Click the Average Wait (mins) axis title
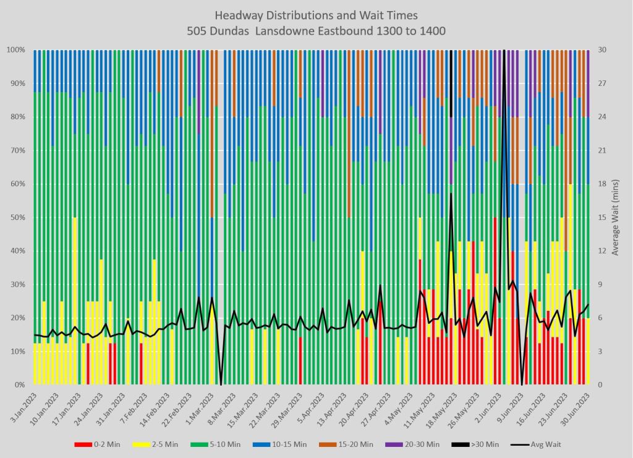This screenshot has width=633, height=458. click(x=616, y=217)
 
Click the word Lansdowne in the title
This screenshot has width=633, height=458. click(x=308, y=30)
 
